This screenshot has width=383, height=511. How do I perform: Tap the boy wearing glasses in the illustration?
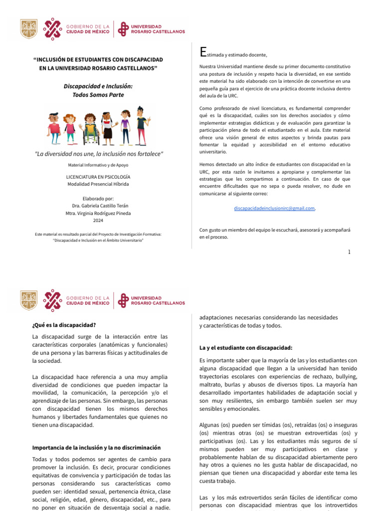[x=54, y=127]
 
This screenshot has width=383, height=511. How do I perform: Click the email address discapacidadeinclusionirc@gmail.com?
[x=274, y=208]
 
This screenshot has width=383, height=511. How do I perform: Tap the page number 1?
[x=349, y=252]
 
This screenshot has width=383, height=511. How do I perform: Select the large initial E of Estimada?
[x=202, y=52]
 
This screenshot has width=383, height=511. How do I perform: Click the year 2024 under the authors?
[x=98, y=221]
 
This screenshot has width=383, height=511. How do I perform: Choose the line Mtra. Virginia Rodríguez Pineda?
[x=98, y=213]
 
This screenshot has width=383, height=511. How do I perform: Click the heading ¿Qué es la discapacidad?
[x=64, y=325]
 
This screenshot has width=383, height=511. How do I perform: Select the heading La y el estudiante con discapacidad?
[x=245, y=347]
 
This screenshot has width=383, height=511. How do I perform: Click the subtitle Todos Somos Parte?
[x=98, y=95]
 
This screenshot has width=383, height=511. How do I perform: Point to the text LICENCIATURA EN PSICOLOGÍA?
[x=98, y=176]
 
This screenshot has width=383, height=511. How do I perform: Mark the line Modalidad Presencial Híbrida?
[x=98, y=184]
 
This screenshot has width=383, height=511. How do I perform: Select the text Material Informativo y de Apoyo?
[x=98, y=164]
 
